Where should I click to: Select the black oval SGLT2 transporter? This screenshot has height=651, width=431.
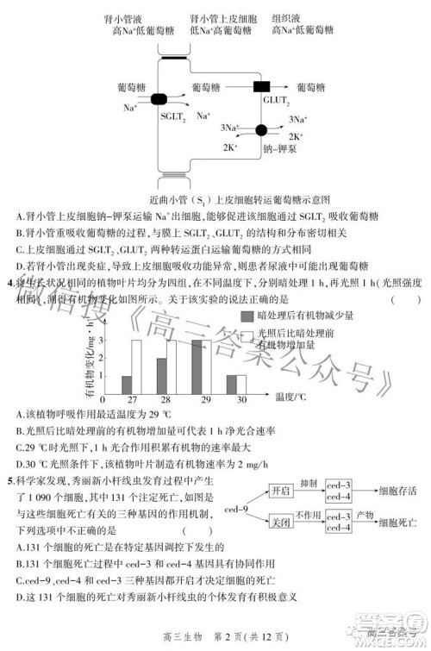(159, 99)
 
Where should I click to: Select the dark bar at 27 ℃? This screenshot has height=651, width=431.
(127, 384)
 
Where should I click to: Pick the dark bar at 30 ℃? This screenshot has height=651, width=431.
(230, 384)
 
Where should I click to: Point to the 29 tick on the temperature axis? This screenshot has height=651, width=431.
(200, 401)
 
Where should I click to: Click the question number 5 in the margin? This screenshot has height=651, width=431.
(9, 480)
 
